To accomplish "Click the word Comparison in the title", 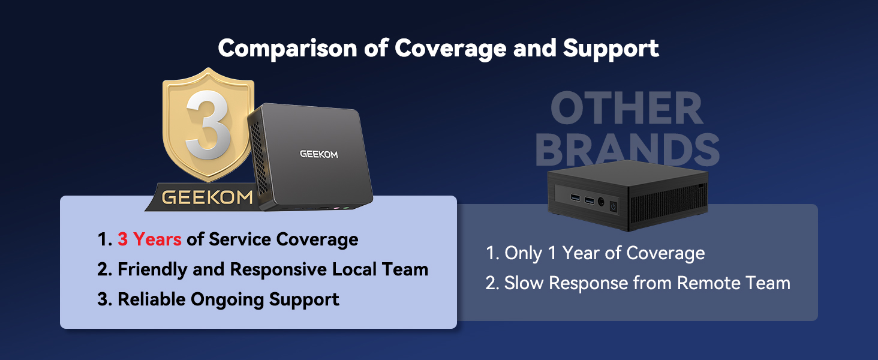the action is coord(287,48).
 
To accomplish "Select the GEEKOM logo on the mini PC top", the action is coord(318,155).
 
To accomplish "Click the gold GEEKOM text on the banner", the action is coord(208,197).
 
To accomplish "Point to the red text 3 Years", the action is coord(149,239).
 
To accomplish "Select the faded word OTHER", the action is coord(627,108).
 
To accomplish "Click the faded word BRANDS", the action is coord(627,149).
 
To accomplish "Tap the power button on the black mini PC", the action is coord(614,206).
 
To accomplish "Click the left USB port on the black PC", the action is coord(575,197).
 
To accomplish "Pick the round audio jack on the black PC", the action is coord(601,202).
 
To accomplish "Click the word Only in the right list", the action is coord(523,253).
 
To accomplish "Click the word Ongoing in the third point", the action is coord(227,300).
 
